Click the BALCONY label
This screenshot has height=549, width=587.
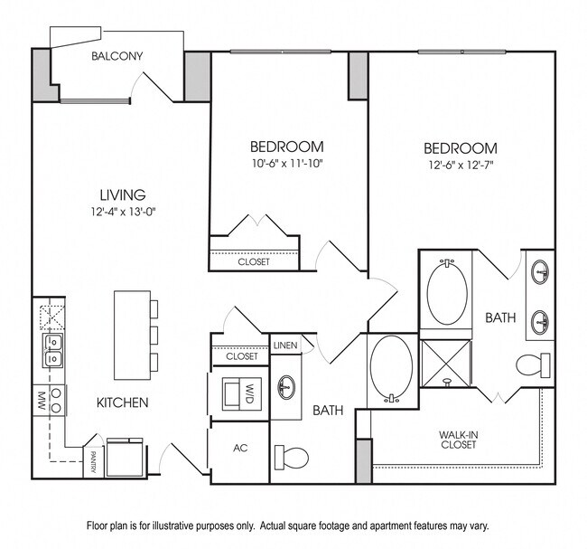117,56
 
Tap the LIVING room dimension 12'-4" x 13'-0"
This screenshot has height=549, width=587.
124,213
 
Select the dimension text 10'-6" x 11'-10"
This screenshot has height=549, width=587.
286,164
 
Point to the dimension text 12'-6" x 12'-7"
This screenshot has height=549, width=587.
461,166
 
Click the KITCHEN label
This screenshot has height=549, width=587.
123,402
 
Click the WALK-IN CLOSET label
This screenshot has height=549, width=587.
459,439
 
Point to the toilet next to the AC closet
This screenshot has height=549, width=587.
291,455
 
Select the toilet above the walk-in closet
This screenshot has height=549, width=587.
532,365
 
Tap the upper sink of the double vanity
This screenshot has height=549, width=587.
542,271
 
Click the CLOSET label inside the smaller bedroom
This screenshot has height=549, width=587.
253,262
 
